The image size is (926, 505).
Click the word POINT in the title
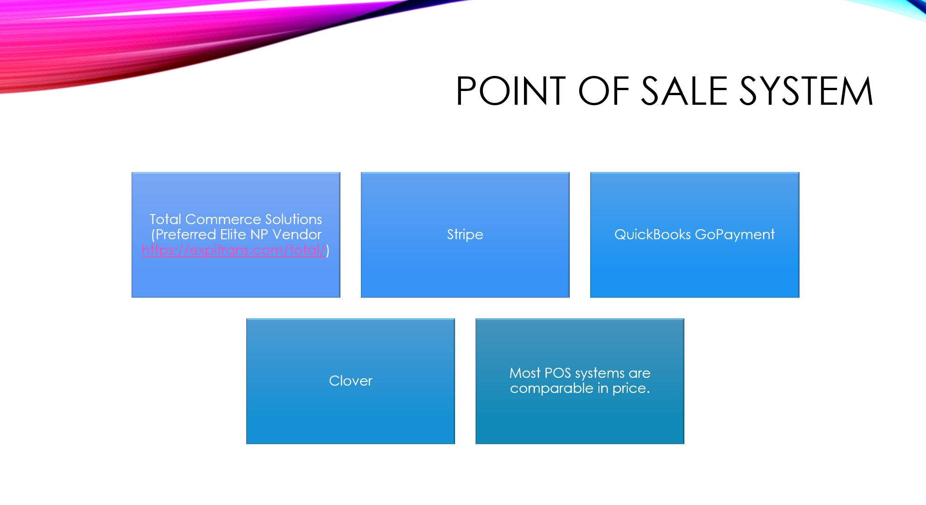pyautogui.click(x=511, y=91)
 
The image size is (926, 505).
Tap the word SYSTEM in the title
pyautogui.click(x=806, y=91)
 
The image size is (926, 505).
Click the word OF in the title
pyautogui.click(x=603, y=91)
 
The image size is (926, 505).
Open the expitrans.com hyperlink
pyautogui.click(x=233, y=250)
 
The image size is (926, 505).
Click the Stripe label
pyautogui.click(x=465, y=235)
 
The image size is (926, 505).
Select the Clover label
pyautogui.click(x=350, y=381)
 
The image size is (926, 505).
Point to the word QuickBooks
pyautogui.click(x=652, y=234)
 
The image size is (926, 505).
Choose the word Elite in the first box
pyautogui.click(x=233, y=234)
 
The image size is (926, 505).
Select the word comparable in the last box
pyautogui.click(x=551, y=388)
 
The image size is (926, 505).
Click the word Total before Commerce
pyautogui.click(x=165, y=219)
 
